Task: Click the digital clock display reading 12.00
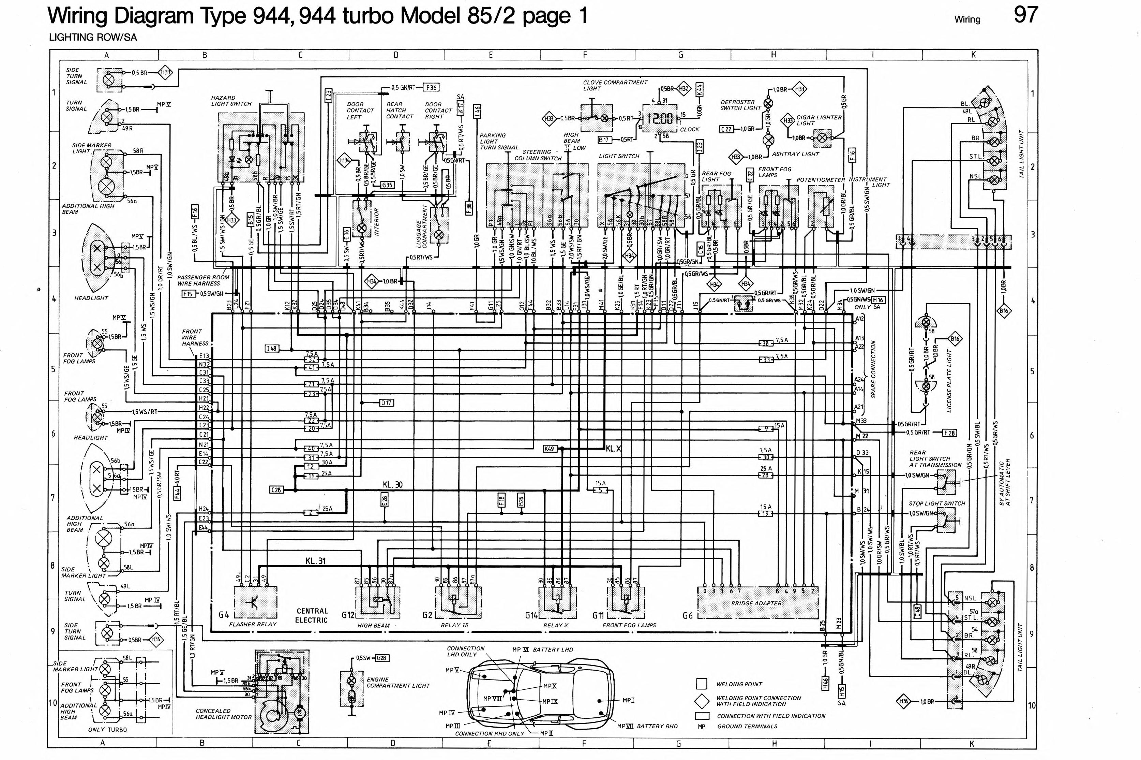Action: pos(660,118)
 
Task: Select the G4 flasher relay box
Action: pos(255,602)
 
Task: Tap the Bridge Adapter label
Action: pos(756,603)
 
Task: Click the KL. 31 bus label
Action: pos(315,561)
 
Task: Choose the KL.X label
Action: pos(614,449)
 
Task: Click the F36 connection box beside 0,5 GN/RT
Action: pos(431,88)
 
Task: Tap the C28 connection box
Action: pos(275,490)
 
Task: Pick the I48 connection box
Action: pos(272,349)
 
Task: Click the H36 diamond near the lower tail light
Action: pos(903,701)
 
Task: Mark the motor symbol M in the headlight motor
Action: pos(299,712)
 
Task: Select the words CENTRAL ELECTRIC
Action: pos(312,616)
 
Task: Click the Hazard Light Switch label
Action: pos(231,101)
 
